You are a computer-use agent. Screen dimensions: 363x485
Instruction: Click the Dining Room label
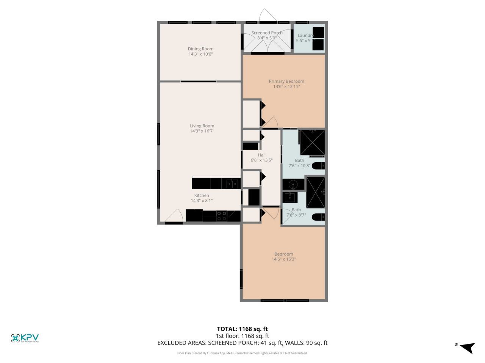pyautogui.click(x=200, y=49)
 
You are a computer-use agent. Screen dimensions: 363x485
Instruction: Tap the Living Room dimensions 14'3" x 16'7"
pyautogui.click(x=202, y=131)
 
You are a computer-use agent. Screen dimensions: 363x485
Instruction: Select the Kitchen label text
pyautogui.click(x=202, y=195)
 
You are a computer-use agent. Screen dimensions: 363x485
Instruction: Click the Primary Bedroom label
pyautogui.click(x=286, y=81)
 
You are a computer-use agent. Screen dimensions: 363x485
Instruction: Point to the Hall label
pyautogui.click(x=261, y=155)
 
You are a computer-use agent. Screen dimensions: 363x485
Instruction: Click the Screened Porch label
pyautogui.click(x=267, y=33)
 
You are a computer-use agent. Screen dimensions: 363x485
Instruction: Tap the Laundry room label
pyautogui.click(x=305, y=36)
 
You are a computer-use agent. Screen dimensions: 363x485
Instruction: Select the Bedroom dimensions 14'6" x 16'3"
pyautogui.click(x=284, y=259)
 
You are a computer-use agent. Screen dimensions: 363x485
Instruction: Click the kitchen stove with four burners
pyautogui.click(x=222, y=216)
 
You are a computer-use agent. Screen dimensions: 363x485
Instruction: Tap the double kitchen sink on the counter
pyautogui.click(x=233, y=184)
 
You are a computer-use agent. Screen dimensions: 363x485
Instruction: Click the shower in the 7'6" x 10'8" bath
pyautogui.click(x=312, y=143)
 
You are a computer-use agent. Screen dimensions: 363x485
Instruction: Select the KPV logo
pyautogui.click(x=25, y=338)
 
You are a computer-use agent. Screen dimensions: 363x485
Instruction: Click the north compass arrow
pyautogui.click(x=467, y=346)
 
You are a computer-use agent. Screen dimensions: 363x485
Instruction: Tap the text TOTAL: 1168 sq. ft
pyautogui.click(x=242, y=329)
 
